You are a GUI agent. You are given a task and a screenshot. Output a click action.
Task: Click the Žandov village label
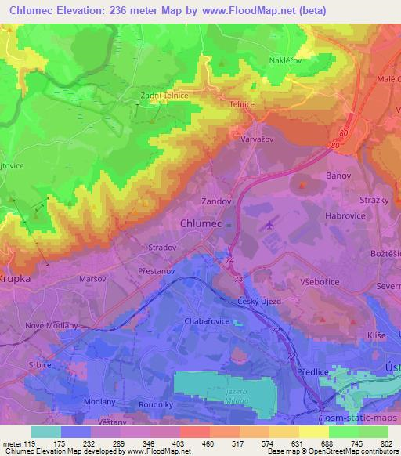click(x=215, y=201)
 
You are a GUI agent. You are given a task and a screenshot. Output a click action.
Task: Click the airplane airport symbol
click(x=271, y=226)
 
